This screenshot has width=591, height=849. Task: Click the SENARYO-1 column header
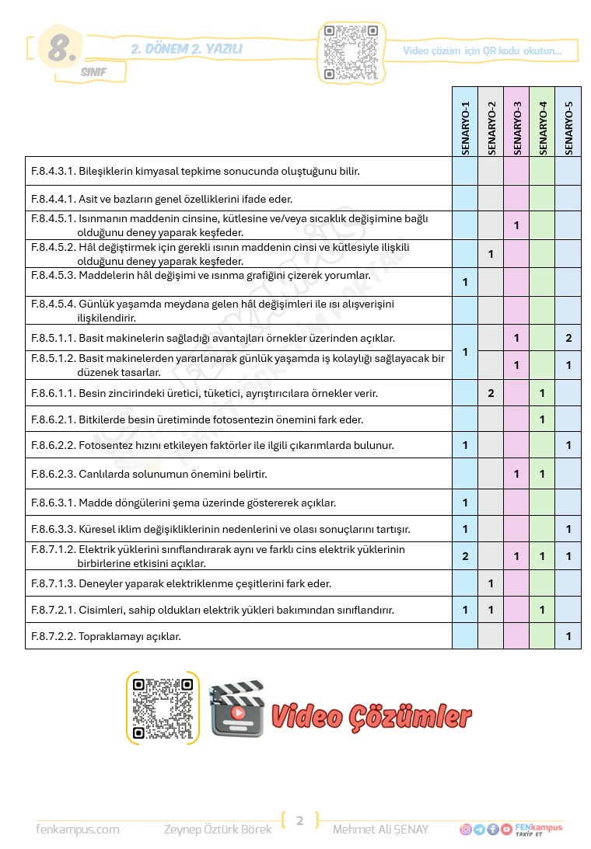tap(465, 128)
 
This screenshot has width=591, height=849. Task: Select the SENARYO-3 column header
tap(516, 128)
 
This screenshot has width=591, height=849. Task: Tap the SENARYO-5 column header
tap(568, 128)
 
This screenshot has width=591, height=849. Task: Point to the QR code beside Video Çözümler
tap(163, 708)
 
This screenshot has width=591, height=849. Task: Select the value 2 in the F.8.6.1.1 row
tap(491, 393)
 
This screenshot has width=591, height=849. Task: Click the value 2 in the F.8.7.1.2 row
tap(465, 556)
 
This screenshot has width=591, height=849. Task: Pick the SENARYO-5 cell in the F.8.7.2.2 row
tap(568, 636)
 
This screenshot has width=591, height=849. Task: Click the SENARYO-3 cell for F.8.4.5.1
tap(516, 226)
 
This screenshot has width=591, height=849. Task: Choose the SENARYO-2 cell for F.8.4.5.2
tap(491, 254)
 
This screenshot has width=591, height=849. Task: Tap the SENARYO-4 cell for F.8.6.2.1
tap(542, 419)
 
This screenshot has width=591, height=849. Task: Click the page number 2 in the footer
tap(299, 820)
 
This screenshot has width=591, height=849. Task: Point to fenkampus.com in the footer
tap(78, 830)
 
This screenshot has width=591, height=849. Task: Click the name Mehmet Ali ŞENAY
tap(380, 830)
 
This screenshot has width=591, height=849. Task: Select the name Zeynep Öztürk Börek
tap(218, 830)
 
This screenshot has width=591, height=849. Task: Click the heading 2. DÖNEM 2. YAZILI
tap(187, 50)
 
